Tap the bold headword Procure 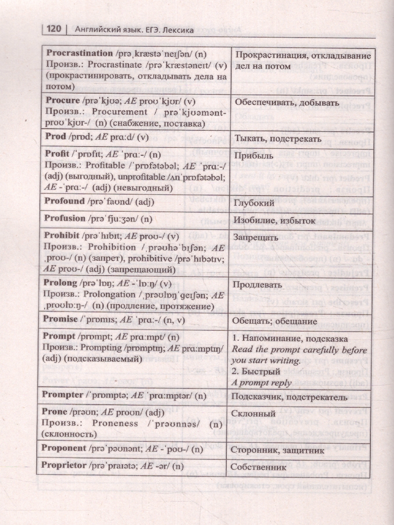click(63, 100)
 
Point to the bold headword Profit click(57, 154)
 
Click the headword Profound click(65, 201)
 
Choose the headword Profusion click(65, 217)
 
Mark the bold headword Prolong click(61, 283)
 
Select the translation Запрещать click(256, 238)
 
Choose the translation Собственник click(260, 467)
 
